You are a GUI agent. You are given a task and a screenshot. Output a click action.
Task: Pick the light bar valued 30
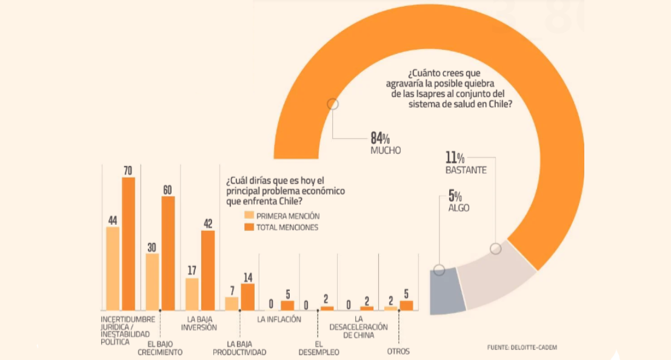click(152, 282)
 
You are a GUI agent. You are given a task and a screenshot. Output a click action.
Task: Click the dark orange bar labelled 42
click(208, 270)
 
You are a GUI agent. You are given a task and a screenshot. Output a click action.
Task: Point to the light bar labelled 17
click(192, 294)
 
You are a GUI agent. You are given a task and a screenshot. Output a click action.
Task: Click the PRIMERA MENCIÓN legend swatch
click(249, 216)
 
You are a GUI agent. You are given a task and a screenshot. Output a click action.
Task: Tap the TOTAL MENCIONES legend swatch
click(249, 227)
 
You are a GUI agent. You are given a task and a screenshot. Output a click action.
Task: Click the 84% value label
click(380, 138)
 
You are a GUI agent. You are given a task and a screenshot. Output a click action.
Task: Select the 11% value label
click(455, 158)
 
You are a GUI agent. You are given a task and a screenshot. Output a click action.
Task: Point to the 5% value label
click(455, 196)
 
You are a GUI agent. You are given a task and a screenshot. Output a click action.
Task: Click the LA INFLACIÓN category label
click(279, 319)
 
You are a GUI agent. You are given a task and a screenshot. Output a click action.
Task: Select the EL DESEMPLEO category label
click(319, 347)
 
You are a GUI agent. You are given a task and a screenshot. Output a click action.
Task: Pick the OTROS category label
click(398, 352)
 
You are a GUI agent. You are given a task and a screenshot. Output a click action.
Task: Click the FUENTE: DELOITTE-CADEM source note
click(522, 347)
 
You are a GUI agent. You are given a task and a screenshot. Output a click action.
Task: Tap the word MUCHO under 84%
click(386, 150)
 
